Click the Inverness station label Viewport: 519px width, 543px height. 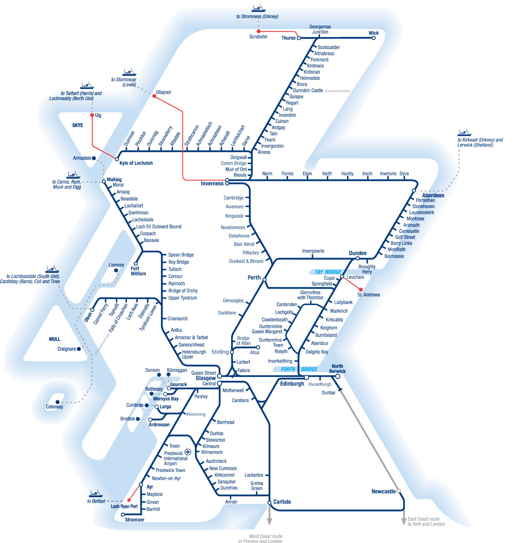pyautogui.click(x=212, y=184)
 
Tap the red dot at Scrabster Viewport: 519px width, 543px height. pyautogui.click(x=259, y=31)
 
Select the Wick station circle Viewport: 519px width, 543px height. pyautogui.click(x=373, y=38)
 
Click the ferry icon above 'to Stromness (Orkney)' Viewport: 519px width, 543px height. pyautogui.click(x=258, y=8)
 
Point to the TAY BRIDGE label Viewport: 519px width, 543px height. pyautogui.click(x=328, y=272)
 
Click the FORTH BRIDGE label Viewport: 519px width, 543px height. pyautogui.click(x=299, y=369)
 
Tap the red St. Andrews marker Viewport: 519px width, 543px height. pyautogui.click(x=361, y=289)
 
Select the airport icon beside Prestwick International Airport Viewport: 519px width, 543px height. pyautogui.click(x=188, y=452)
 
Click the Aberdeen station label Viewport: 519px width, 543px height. pyautogui.click(x=433, y=196)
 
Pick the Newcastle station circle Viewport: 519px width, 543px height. pyautogui.click(x=398, y=491)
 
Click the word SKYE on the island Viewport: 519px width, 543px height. pyautogui.click(x=77, y=125)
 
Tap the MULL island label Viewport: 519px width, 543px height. pyautogui.click(x=55, y=339)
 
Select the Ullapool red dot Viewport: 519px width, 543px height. pyautogui.click(x=154, y=96)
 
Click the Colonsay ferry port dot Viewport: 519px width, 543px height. pyautogui.click(x=57, y=402)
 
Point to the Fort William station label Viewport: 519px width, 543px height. pyautogui.click(x=138, y=271)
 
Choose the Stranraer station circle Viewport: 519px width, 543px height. pyautogui.click(x=123, y=515)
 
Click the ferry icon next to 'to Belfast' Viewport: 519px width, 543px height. pyautogui.click(x=96, y=494)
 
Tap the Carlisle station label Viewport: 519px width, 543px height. pyautogui.click(x=282, y=502)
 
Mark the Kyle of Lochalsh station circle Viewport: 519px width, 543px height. pyautogui.click(x=117, y=159)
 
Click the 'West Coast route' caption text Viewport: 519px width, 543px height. pyautogui.click(x=265, y=536)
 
